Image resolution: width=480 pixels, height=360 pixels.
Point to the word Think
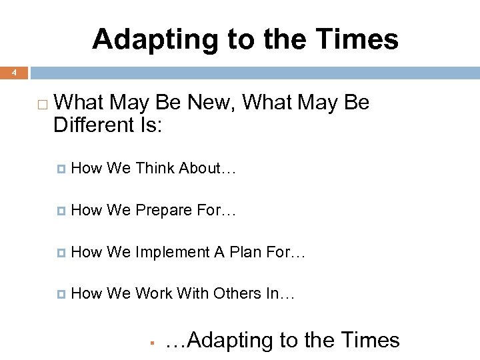tap(155, 169)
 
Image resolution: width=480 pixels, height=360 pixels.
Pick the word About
tap(207, 169)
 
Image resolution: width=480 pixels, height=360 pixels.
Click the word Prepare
tap(164, 211)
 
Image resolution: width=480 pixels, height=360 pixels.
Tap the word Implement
tap(173, 252)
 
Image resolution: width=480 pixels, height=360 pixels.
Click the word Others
tap(237, 293)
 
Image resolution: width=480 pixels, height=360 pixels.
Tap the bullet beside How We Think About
tap(62, 169)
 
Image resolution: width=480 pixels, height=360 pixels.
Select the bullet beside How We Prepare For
tap(62, 211)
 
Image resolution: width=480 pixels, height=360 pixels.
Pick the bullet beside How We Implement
tap(62, 253)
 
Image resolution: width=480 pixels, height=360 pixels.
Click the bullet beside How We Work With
tap(62, 294)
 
